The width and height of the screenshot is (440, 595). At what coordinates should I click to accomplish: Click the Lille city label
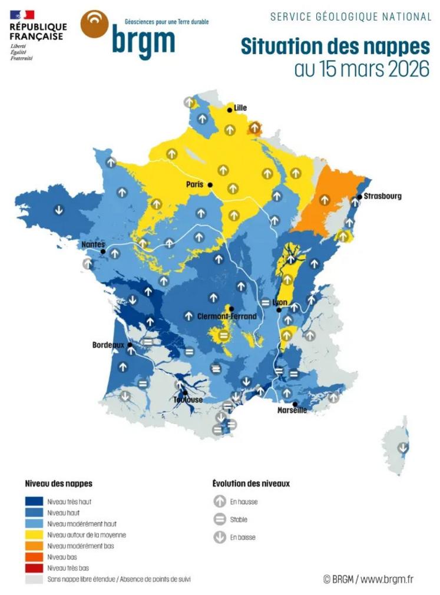coord(240,108)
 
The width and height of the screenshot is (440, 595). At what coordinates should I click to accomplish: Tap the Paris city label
coord(194,184)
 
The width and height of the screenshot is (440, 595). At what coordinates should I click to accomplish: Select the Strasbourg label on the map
coord(382,196)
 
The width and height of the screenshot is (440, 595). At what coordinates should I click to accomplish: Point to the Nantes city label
coord(94,244)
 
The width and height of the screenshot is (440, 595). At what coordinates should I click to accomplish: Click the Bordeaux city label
coord(108,345)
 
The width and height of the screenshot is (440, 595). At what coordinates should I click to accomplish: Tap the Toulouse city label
coord(188,400)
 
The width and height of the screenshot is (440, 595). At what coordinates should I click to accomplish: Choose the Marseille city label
coord(292,411)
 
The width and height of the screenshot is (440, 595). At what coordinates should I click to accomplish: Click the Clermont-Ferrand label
coord(227,316)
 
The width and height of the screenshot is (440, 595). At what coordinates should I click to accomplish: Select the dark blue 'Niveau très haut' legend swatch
coord(34,502)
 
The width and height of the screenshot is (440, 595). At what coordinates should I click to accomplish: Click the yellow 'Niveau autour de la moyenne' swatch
coord(34,535)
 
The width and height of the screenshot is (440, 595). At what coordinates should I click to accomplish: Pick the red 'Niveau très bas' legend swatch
coord(34,568)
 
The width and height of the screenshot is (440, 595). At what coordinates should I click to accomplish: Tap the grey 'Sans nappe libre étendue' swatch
coord(34,579)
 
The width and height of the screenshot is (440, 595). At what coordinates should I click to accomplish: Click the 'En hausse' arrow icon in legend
coord(220,502)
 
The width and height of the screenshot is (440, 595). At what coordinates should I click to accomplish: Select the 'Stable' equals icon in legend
coord(220,520)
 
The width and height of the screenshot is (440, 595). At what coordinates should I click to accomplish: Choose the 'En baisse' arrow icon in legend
coord(220,537)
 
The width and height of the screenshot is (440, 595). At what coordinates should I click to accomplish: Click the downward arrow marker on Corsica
coord(403,447)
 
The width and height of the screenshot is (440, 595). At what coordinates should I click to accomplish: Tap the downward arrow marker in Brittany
coord(58,209)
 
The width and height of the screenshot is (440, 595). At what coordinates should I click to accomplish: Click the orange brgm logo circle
coord(94,24)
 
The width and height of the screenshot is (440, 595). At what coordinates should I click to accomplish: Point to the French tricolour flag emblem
coord(22,15)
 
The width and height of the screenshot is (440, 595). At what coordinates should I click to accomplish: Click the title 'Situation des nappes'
coord(335,47)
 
